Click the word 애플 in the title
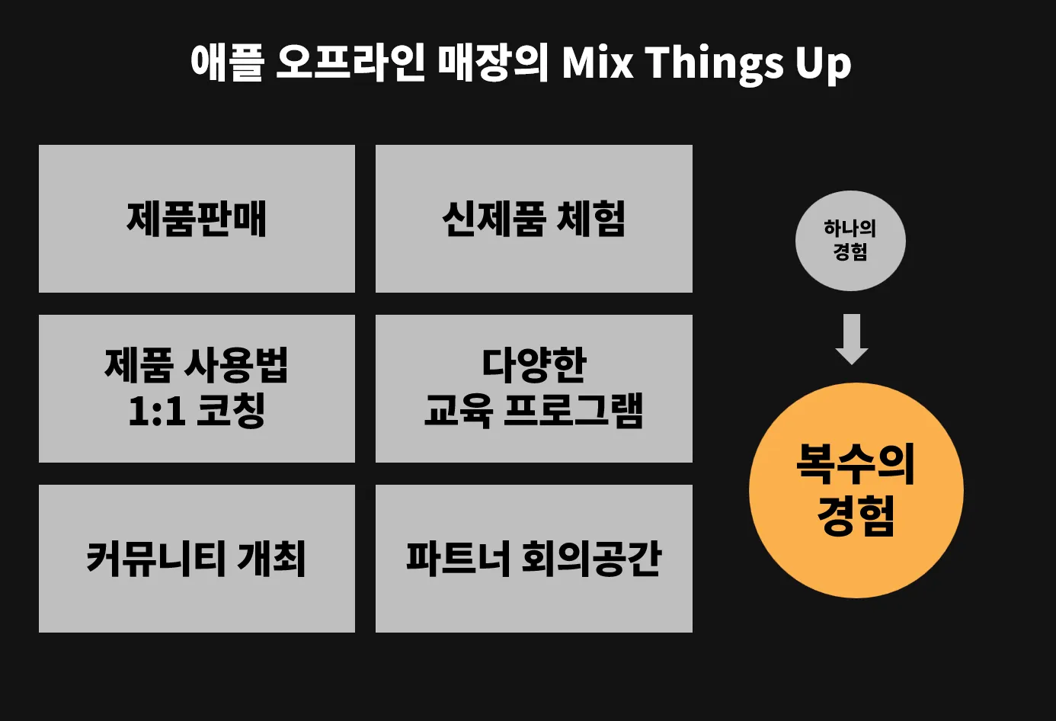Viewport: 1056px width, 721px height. (227, 62)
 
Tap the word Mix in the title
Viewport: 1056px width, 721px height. (597, 62)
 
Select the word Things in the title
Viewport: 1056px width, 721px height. (714, 62)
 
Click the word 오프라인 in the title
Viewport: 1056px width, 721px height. (349, 62)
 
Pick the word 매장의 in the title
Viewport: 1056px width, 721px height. (493, 62)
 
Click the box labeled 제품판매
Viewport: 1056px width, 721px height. (197, 219)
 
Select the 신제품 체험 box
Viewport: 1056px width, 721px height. (533, 219)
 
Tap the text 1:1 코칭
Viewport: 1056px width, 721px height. (197, 411)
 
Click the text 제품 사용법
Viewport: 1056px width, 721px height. (197, 365)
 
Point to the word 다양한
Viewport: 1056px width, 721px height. (533, 365)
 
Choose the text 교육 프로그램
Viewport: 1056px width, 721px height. (533, 411)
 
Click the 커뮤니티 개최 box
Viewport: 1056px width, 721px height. (197, 559)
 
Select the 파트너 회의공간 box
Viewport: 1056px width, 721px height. (533, 559)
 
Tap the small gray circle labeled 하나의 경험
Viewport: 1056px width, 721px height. (850, 241)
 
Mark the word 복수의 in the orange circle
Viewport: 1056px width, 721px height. (856, 463)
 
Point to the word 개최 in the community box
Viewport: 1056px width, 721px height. (271, 559)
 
